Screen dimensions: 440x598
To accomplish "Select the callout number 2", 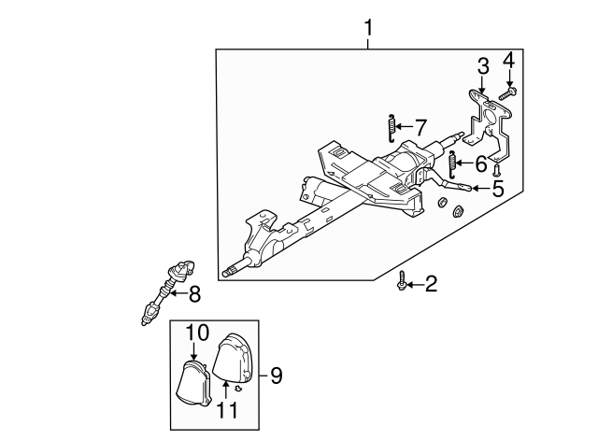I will [x=430, y=283].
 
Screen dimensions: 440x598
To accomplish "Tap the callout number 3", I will [x=482, y=65].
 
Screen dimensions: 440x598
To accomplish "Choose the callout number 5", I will [x=497, y=189].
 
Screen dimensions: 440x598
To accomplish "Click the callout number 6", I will [x=481, y=165].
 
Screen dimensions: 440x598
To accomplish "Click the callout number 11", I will [x=227, y=408].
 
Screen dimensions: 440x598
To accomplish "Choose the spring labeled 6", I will [x=453, y=165].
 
